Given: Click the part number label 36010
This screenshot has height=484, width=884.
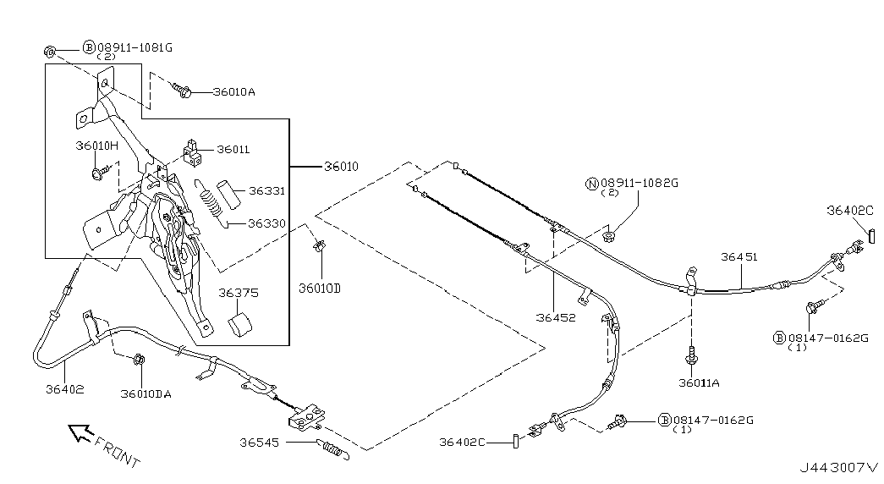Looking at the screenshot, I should (341, 167).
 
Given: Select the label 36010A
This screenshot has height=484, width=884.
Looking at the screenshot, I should (233, 92).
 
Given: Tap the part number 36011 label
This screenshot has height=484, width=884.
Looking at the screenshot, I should (233, 150).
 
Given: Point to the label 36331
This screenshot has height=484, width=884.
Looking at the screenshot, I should (266, 191).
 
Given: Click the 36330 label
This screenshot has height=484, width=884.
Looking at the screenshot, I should (266, 224).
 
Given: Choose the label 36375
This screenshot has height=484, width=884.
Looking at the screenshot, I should (239, 294).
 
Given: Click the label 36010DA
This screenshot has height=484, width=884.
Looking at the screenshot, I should (146, 393).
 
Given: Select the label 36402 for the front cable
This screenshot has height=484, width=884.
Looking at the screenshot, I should (65, 390).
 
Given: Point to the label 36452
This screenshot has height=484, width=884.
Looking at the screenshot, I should (555, 319).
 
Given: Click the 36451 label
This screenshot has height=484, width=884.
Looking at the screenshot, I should (740, 256).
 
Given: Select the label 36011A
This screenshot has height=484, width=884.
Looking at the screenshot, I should (699, 383).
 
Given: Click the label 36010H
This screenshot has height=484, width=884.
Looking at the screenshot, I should (96, 146).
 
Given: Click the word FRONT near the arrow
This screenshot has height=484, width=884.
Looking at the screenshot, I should (117, 453).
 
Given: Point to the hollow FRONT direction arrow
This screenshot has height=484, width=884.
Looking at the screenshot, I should (80, 434).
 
